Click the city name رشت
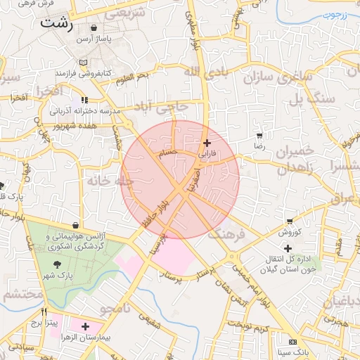[x=56, y=22]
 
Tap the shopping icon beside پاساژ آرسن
[x=94, y=28]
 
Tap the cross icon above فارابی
[x=206, y=143]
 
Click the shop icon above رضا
[x=260, y=135]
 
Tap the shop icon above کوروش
[x=289, y=221]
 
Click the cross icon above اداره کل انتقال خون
[x=288, y=247]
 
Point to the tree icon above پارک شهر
[x=56, y=264]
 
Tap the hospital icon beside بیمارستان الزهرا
[x=85, y=327]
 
